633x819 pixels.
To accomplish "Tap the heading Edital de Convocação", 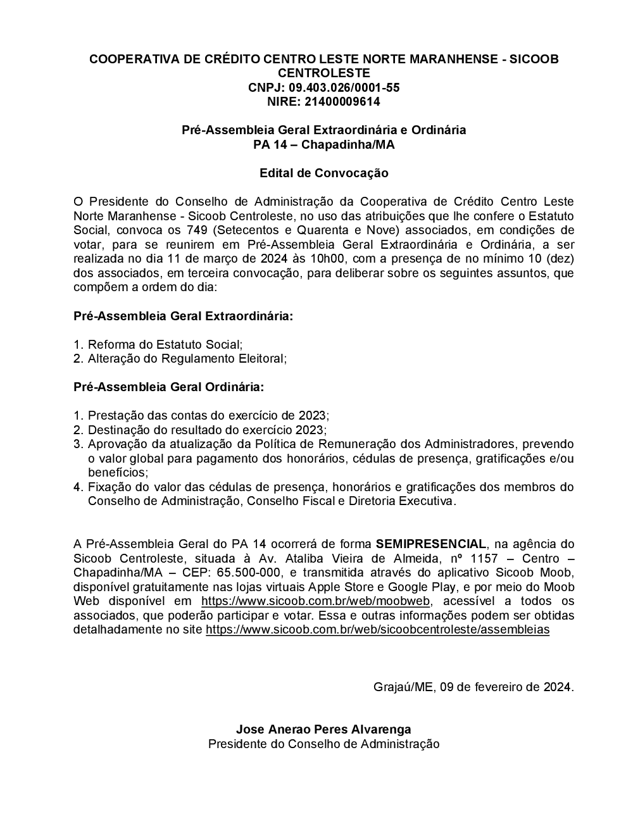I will click(323, 173).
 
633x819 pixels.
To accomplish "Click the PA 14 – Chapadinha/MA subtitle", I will click(323, 144).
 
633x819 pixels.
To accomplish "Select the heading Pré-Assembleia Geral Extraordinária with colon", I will click(184, 315).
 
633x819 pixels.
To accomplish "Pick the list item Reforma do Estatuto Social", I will click(165, 344).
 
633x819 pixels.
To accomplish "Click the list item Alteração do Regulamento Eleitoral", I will click(187, 358).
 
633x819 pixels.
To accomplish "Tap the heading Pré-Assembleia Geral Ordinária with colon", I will click(169, 387).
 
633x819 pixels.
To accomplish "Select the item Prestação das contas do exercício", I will click(208, 416).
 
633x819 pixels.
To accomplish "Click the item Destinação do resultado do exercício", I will click(207, 430).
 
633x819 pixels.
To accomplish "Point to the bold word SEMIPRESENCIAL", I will click(431, 544).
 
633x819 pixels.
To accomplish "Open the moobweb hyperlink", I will click(316, 601).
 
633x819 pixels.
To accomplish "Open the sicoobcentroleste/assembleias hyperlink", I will click(377, 630).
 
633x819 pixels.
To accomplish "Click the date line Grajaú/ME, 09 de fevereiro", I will click(473, 687).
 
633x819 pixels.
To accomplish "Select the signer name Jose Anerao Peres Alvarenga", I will click(323, 729).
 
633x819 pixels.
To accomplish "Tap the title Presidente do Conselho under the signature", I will click(323, 744).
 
